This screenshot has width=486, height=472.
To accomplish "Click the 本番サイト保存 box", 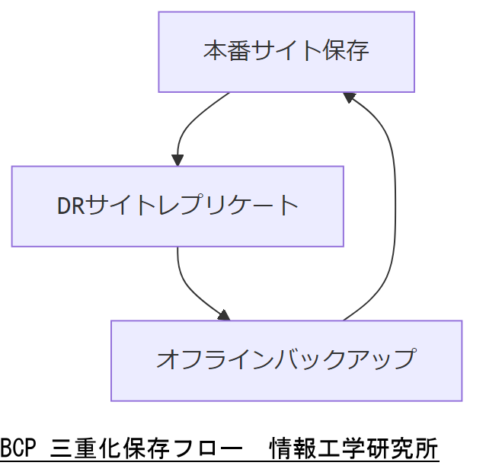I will (286, 52).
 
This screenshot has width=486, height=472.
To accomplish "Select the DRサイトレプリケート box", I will (177, 206).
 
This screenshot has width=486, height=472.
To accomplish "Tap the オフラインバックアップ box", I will (286, 360).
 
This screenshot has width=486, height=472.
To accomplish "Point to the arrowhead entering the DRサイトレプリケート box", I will (177, 160).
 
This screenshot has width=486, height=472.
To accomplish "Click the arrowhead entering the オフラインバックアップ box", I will (222, 314).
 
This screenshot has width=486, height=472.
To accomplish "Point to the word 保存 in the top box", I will (347, 51).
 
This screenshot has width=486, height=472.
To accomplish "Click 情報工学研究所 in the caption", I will (353, 449).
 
